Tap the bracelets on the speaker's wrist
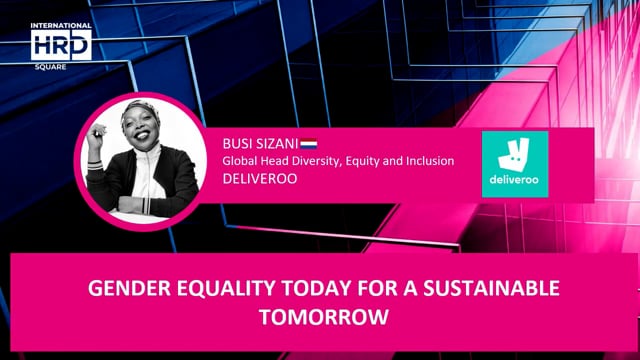(95, 160)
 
